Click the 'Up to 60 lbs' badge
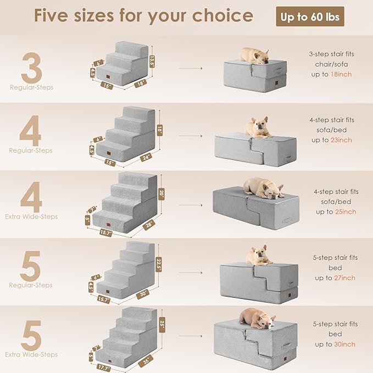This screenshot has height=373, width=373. click(310, 17)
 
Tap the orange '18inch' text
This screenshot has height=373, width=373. click(341, 74)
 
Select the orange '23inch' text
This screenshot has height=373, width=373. click(341, 140)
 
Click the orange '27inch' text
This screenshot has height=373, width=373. click(344, 278)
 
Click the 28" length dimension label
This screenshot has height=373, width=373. click(149, 225)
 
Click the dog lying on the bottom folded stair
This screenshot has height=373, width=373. click(256, 319)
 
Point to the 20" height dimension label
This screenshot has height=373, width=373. click(161, 193)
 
